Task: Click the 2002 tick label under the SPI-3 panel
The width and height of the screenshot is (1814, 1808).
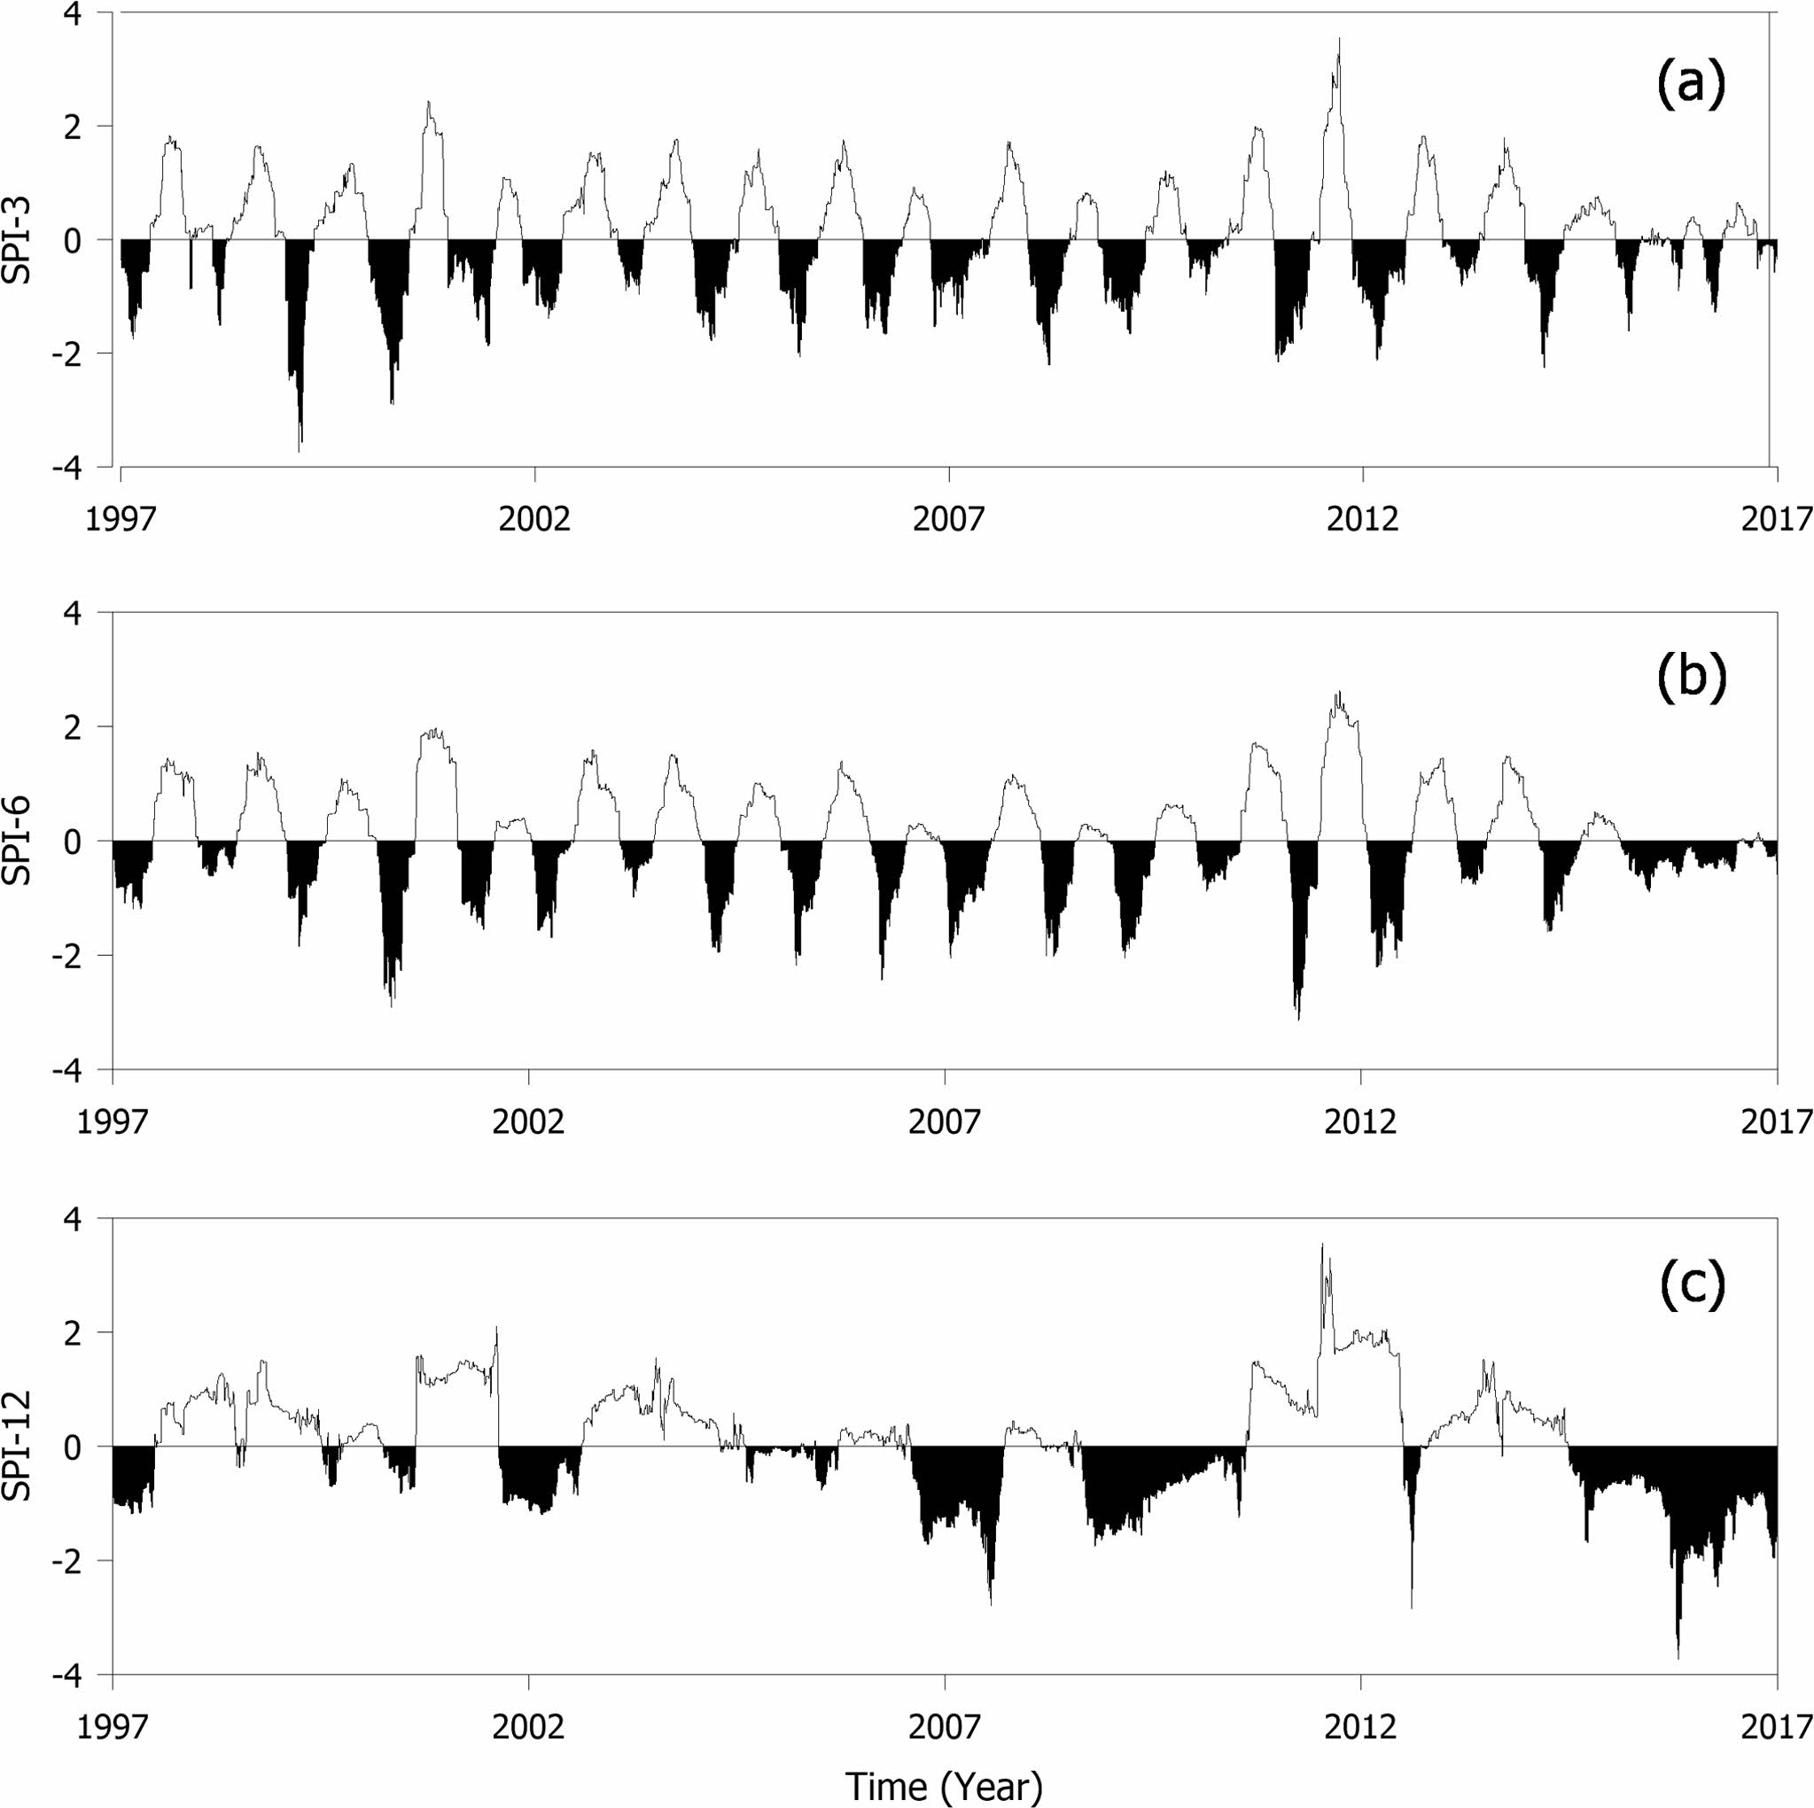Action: pos(534,519)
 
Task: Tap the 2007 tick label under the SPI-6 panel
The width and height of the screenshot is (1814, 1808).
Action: pos(945,1121)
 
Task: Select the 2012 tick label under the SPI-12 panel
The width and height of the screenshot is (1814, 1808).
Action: pos(1360,1726)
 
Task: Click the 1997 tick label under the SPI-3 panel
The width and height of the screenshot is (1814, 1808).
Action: pos(121,519)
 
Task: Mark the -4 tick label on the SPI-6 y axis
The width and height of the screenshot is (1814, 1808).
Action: pos(82,1069)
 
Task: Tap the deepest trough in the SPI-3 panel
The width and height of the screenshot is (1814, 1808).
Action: pos(300,452)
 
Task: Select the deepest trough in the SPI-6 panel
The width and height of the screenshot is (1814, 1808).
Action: pos(1298,1019)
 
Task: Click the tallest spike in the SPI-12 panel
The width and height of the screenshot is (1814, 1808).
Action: pos(1322,1245)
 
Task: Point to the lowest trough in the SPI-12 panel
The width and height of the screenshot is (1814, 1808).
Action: pos(1678,1659)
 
